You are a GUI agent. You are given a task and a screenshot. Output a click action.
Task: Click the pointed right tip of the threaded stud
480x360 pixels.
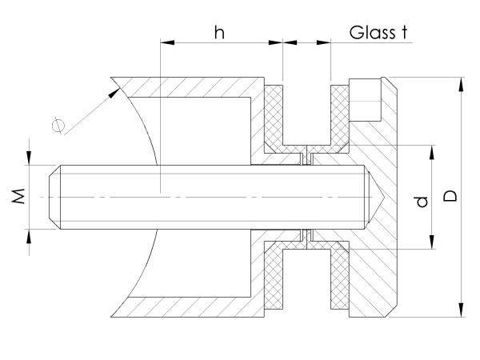coord(382,196)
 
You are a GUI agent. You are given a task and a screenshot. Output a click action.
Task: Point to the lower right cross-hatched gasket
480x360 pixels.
coord(341,276)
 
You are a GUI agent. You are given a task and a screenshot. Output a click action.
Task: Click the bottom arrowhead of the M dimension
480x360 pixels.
coord(30,234)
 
